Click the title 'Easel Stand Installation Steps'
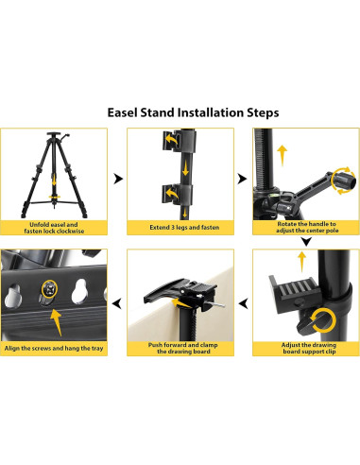click(193, 112)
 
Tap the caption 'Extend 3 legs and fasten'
click(184, 227)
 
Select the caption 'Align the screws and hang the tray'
click(54, 348)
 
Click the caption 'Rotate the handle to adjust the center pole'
click(307, 227)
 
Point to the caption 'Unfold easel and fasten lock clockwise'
click(54, 228)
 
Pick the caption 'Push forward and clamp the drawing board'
click(183, 348)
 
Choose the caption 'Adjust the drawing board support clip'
click(309, 348)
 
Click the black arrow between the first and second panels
click(118, 179)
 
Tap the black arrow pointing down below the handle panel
click(306, 242)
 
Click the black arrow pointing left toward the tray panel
click(117, 304)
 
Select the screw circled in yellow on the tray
click(49, 288)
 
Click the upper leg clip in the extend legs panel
click(179, 141)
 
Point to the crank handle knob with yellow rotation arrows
click(344, 181)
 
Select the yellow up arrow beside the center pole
click(282, 156)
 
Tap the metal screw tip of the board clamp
click(217, 304)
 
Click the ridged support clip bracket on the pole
click(294, 293)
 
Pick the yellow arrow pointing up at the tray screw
click(57, 322)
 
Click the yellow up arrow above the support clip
click(301, 261)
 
